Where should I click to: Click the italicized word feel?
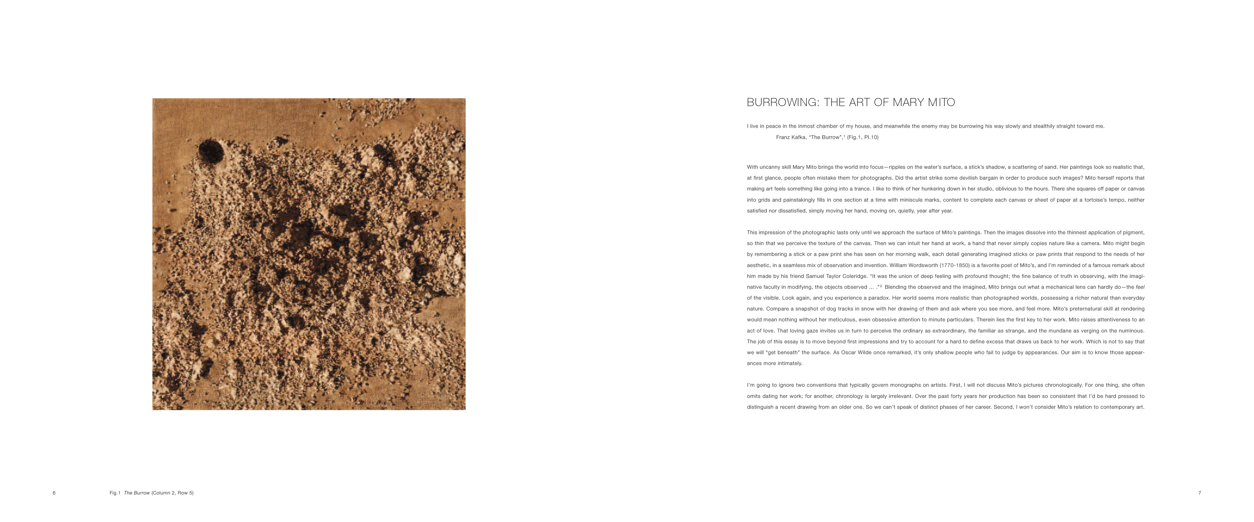1140,287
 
